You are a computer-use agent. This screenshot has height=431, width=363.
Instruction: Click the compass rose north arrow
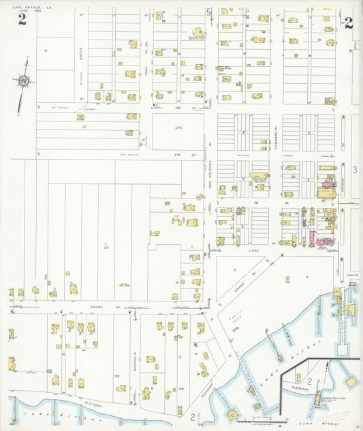coord(24,81)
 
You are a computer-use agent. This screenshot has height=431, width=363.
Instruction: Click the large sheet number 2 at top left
coord(22,19)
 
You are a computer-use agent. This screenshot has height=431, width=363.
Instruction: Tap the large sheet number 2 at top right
coord(348,23)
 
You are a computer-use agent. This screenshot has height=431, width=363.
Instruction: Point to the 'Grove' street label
coord(80,51)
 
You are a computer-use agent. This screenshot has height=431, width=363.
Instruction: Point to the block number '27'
coord(84,126)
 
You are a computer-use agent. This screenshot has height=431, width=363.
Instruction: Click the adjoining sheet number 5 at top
coord(208,11)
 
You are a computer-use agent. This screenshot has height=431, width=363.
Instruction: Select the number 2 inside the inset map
coord(309,380)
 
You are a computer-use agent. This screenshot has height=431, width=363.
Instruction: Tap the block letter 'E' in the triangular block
coord(235,270)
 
